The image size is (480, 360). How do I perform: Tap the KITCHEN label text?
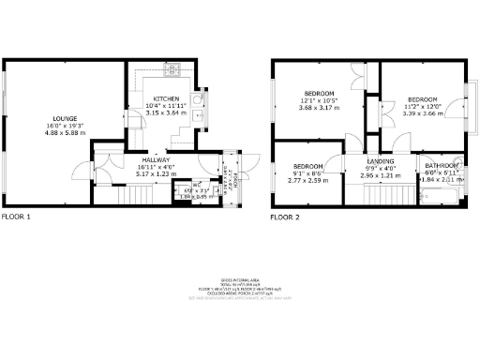click(x=167, y=98)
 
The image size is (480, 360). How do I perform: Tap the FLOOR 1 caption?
click(x=15, y=217)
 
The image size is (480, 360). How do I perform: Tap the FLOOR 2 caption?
click(x=285, y=217)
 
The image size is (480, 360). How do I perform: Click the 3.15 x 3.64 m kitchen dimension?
click(x=167, y=112)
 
